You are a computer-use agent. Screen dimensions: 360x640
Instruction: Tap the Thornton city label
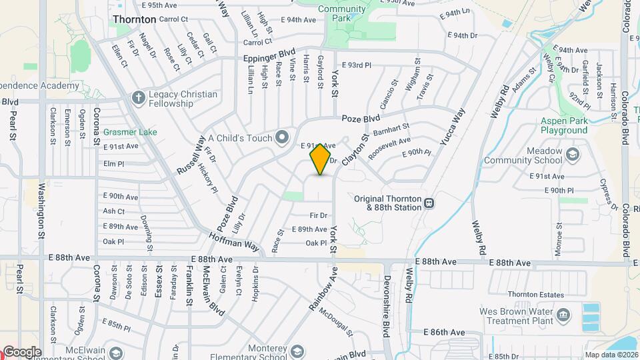(x=135, y=19)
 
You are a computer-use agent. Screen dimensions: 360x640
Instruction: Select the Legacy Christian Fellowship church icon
(x=138, y=98)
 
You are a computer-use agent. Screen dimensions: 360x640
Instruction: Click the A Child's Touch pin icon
(x=282, y=138)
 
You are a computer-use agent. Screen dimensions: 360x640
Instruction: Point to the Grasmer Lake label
(x=130, y=132)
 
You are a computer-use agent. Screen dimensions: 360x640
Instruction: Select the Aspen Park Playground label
(x=564, y=125)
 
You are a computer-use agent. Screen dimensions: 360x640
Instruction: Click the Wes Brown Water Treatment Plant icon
(x=564, y=313)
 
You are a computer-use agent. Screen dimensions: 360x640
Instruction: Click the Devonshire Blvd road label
(x=386, y=300)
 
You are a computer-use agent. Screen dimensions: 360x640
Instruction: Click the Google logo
(x=21, y=352)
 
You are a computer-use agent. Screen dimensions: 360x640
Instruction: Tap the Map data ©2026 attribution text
(x=611, y=355)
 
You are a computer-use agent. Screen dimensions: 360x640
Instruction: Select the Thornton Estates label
(x=531, y=294)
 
